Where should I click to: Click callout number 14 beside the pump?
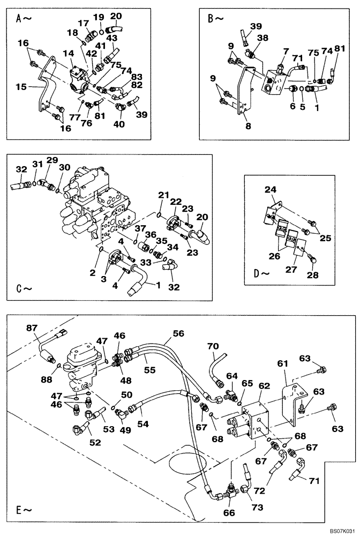point(67,54)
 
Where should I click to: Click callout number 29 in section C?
point(51,161)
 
